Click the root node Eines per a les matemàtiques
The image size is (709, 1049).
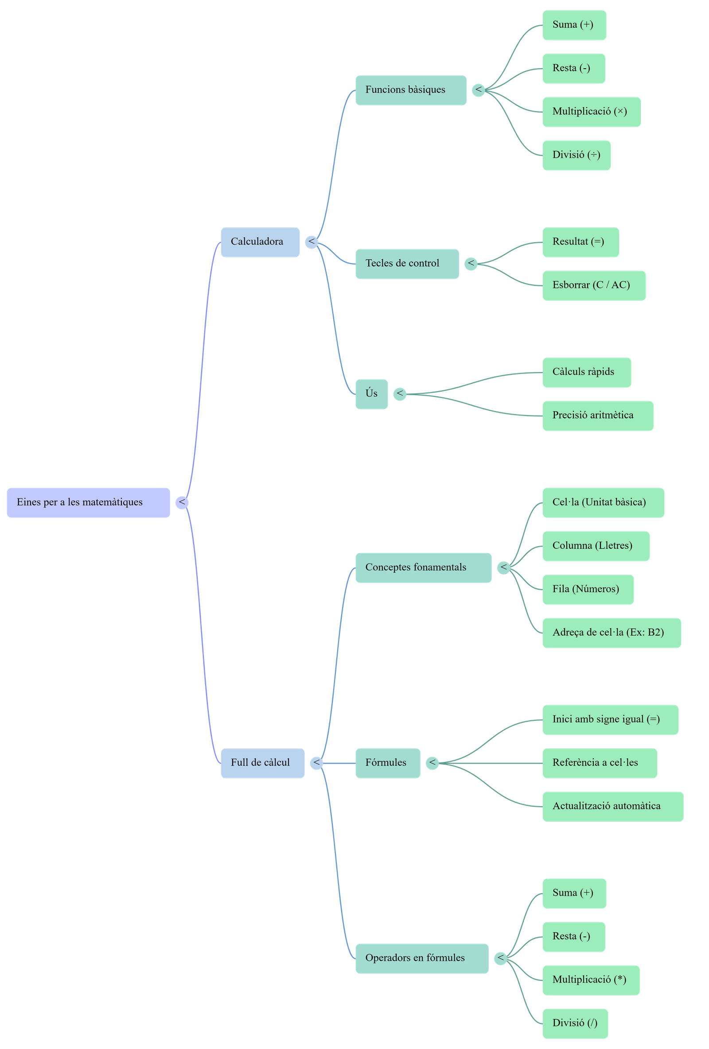pyautogui.click(x=88, y=502)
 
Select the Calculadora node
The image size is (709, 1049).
pyautogui.click(x=260, y=242)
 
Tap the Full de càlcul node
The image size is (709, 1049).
pyautogui.click(x=262, y=763)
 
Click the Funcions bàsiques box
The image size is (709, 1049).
pyautogui.click(x=410, y=90)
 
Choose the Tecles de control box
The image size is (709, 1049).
pyautogui.click(x=407, y=264)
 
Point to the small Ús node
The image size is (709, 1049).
pyautogui.click(x=371, y=394)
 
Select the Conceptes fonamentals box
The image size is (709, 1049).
pyautogui.click(x=423, y=568)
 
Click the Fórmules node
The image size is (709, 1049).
pyautogui.click(x=387, y=763)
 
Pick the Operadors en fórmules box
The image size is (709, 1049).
pyautogui.click(x=422, y=958)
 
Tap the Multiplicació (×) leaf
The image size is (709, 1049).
pyautogui.click(x=591, y=112)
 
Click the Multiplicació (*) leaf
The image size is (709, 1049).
pyautogui.click(x=591, y=980)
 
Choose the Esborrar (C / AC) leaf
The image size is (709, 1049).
pyautogui.click(x=594, y=285)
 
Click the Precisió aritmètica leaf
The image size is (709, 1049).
pyautogui.click(x=597, y=416)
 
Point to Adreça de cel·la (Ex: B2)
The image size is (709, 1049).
pyautogui.click(x=612, y=633)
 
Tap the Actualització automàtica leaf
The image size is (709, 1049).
pyautogui.click(x=612, y=806)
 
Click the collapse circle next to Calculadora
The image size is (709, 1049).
pyautogui.click(x=311, y=242)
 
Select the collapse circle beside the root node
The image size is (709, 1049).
pyautogui.click(x=182, y=502)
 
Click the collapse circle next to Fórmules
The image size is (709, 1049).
pyautogui.click(x=432, y=763)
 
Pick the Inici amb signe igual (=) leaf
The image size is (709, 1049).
pyautogui.click(x=610, y=719)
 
